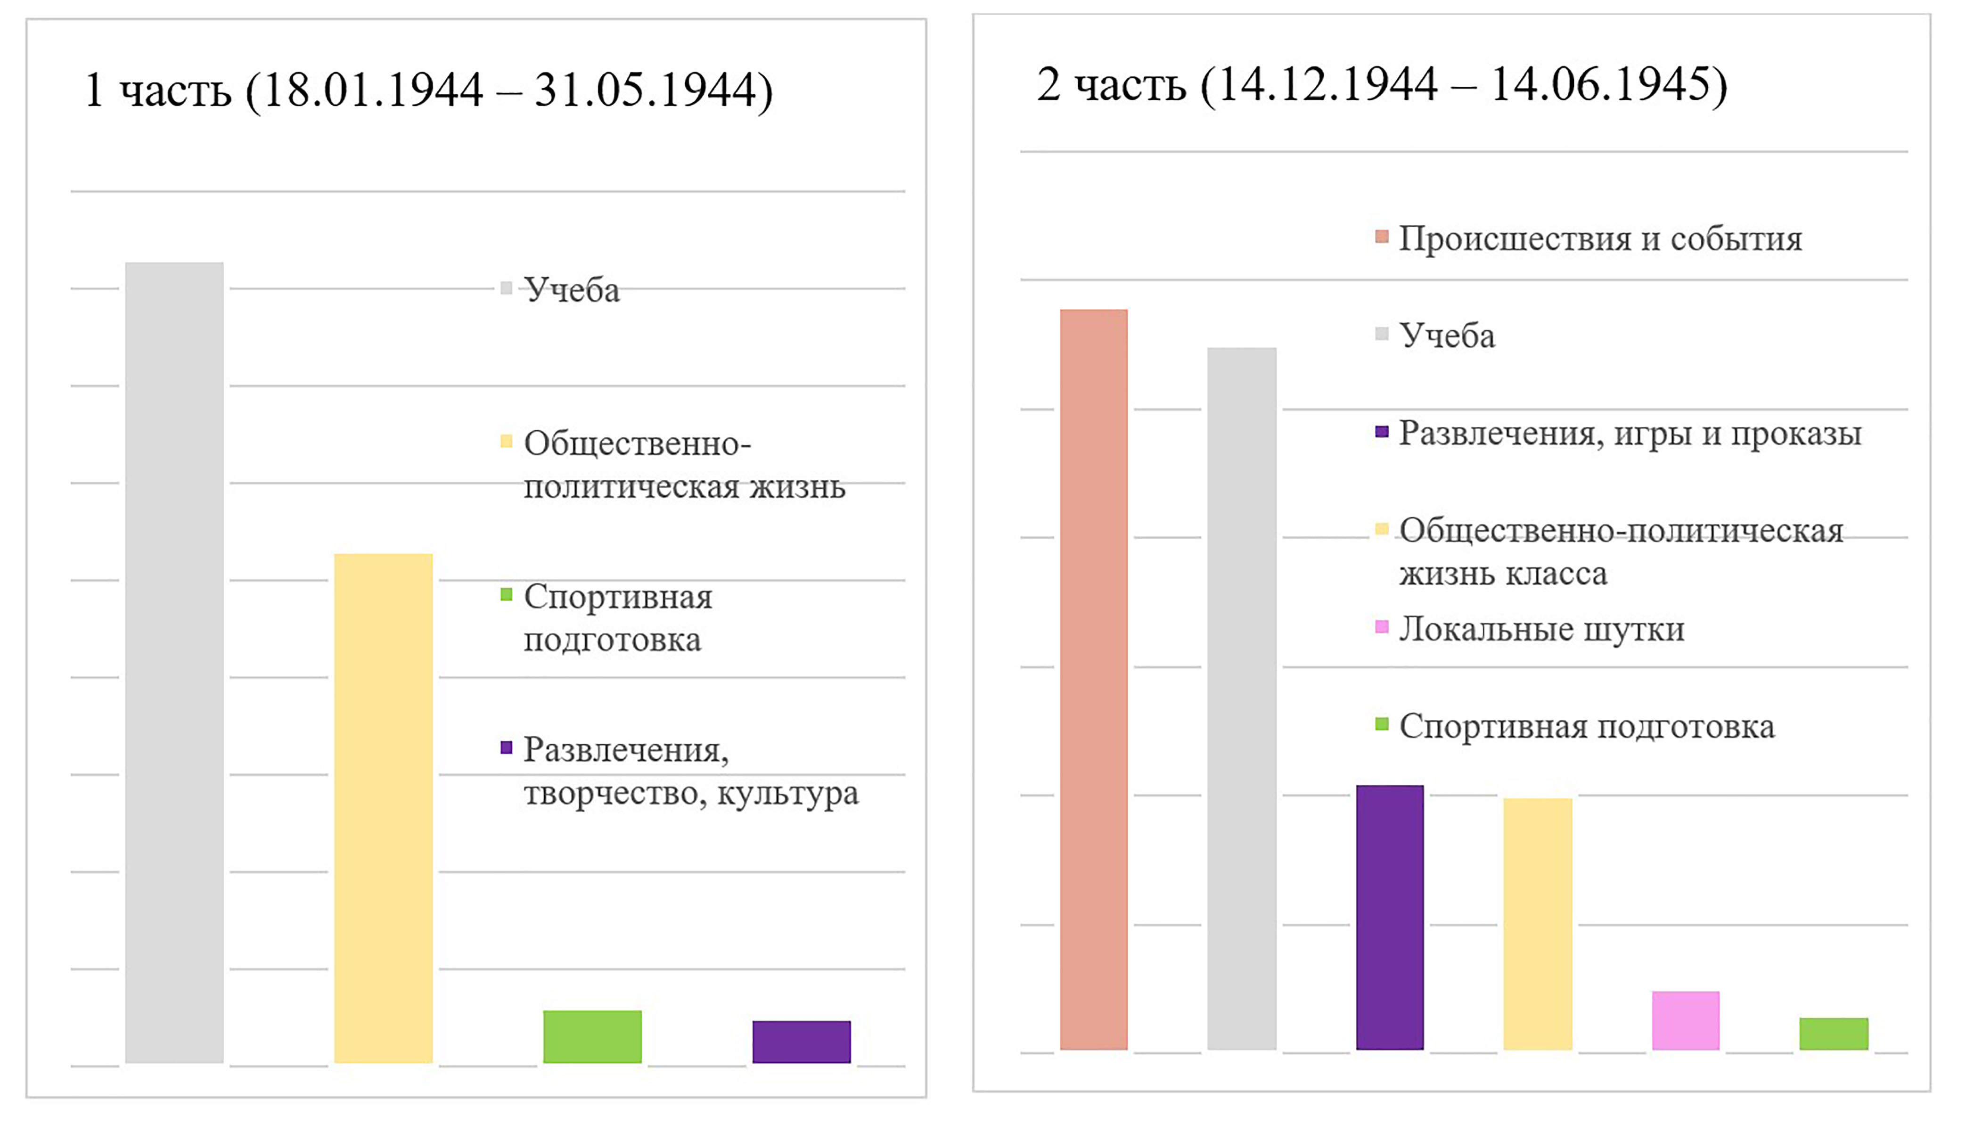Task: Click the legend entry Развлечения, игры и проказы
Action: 1630,434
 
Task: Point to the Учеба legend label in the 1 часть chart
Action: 572,290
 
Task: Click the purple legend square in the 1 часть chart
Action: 507,747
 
